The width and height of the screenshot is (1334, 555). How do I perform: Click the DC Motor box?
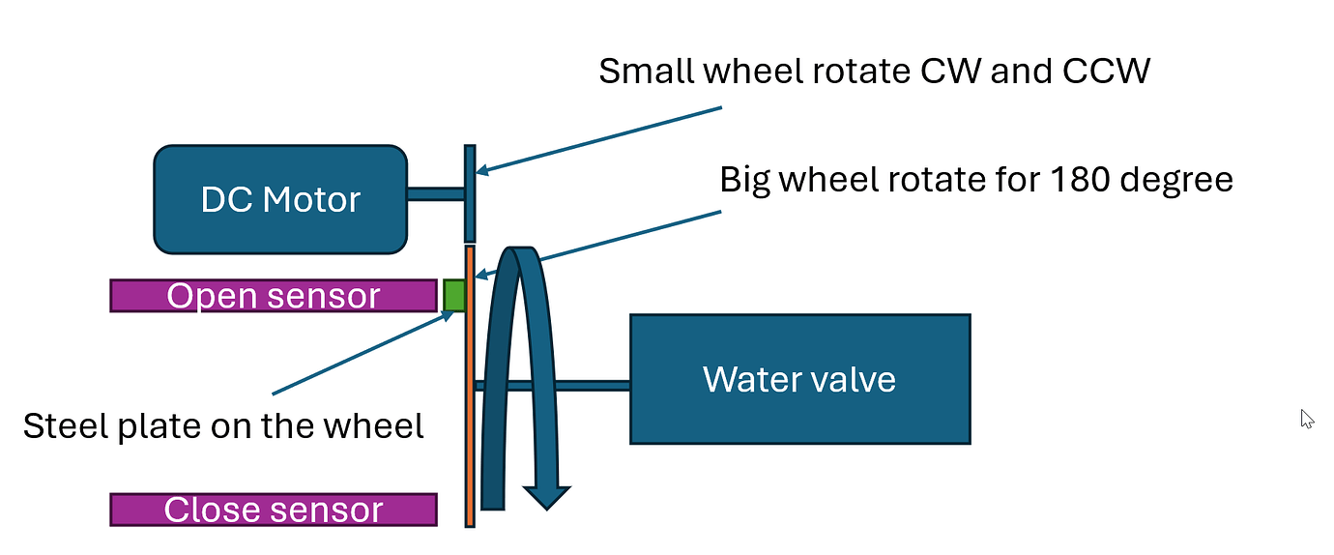280,199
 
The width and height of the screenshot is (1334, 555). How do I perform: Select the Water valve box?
799,379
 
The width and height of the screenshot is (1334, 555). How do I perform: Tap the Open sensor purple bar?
274,296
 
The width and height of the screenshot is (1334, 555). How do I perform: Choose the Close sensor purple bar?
274,510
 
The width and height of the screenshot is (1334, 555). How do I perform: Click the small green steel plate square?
453,295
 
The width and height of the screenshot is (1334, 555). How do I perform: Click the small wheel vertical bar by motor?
470,193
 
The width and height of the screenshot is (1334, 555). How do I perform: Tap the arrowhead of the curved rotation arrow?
547,496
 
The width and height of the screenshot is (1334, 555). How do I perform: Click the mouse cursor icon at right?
1307,419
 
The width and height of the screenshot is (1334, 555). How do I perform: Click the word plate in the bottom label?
156,426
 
